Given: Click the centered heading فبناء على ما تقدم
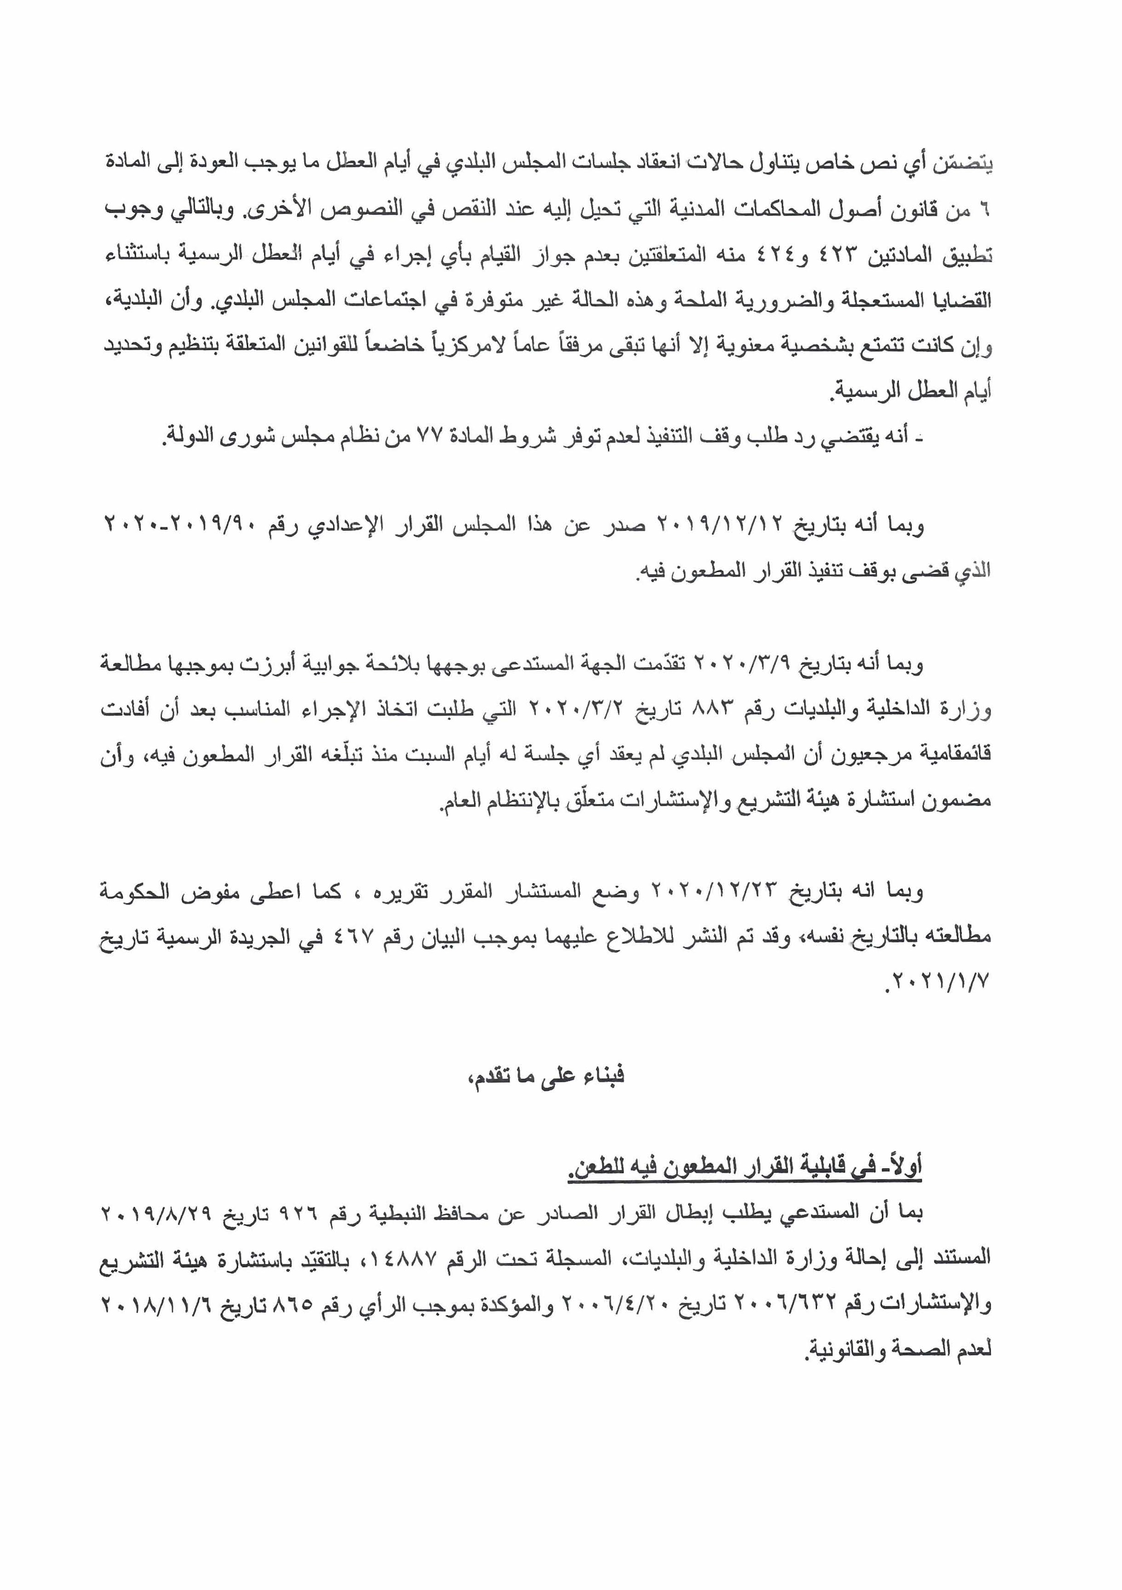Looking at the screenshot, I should click(546, 1076).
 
